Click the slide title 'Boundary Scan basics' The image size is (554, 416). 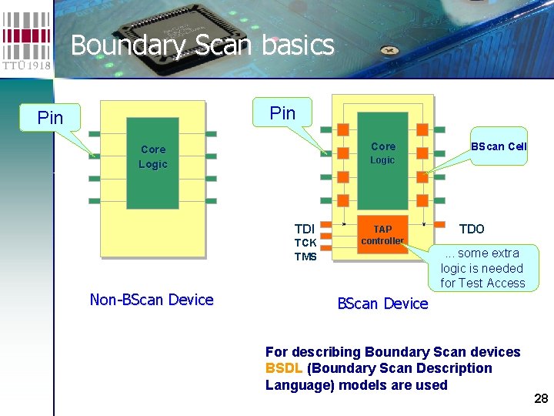(202, 45)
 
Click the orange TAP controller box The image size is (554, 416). (382, 234)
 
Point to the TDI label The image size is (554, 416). (305, 229)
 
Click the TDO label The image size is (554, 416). (472, 229)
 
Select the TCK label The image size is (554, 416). (305, 243)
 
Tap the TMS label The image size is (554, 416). (305, 257)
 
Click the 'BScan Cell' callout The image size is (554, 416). (499, 146)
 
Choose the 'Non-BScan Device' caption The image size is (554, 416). (152, 300)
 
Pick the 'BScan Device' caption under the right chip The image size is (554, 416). (382, 304)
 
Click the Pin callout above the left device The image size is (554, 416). (51, 118)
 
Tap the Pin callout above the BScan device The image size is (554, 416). (282, 113)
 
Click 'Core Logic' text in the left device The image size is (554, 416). (153, 156)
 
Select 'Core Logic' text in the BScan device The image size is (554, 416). (382, 153)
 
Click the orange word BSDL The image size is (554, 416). (284, 368)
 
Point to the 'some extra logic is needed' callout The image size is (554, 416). (482, 268)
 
